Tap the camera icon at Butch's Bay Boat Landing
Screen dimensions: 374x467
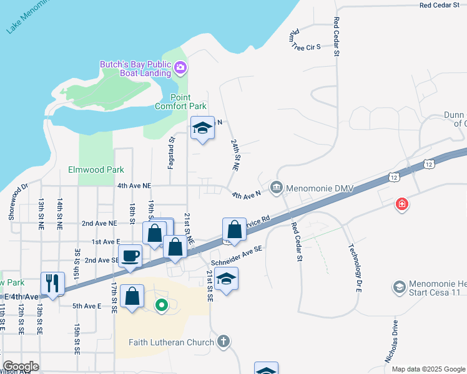pyautogui.click(x=181, y=67)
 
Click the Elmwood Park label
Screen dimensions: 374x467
pyautogui.click(x=96, y=170)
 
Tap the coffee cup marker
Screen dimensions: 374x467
pyautogui.click(x=130, y=256)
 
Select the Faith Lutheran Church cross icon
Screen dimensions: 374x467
pyautogui.click(x=224, y=342)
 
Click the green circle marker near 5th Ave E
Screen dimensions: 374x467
pyautogui.click(x=162, y=305)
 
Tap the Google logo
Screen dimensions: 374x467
pyautogui.click(x=21, y=367)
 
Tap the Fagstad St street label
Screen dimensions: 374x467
pyautogui.click(x=171, y=153)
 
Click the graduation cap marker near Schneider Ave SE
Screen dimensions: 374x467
pyautogui.click(x=227, y=278)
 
